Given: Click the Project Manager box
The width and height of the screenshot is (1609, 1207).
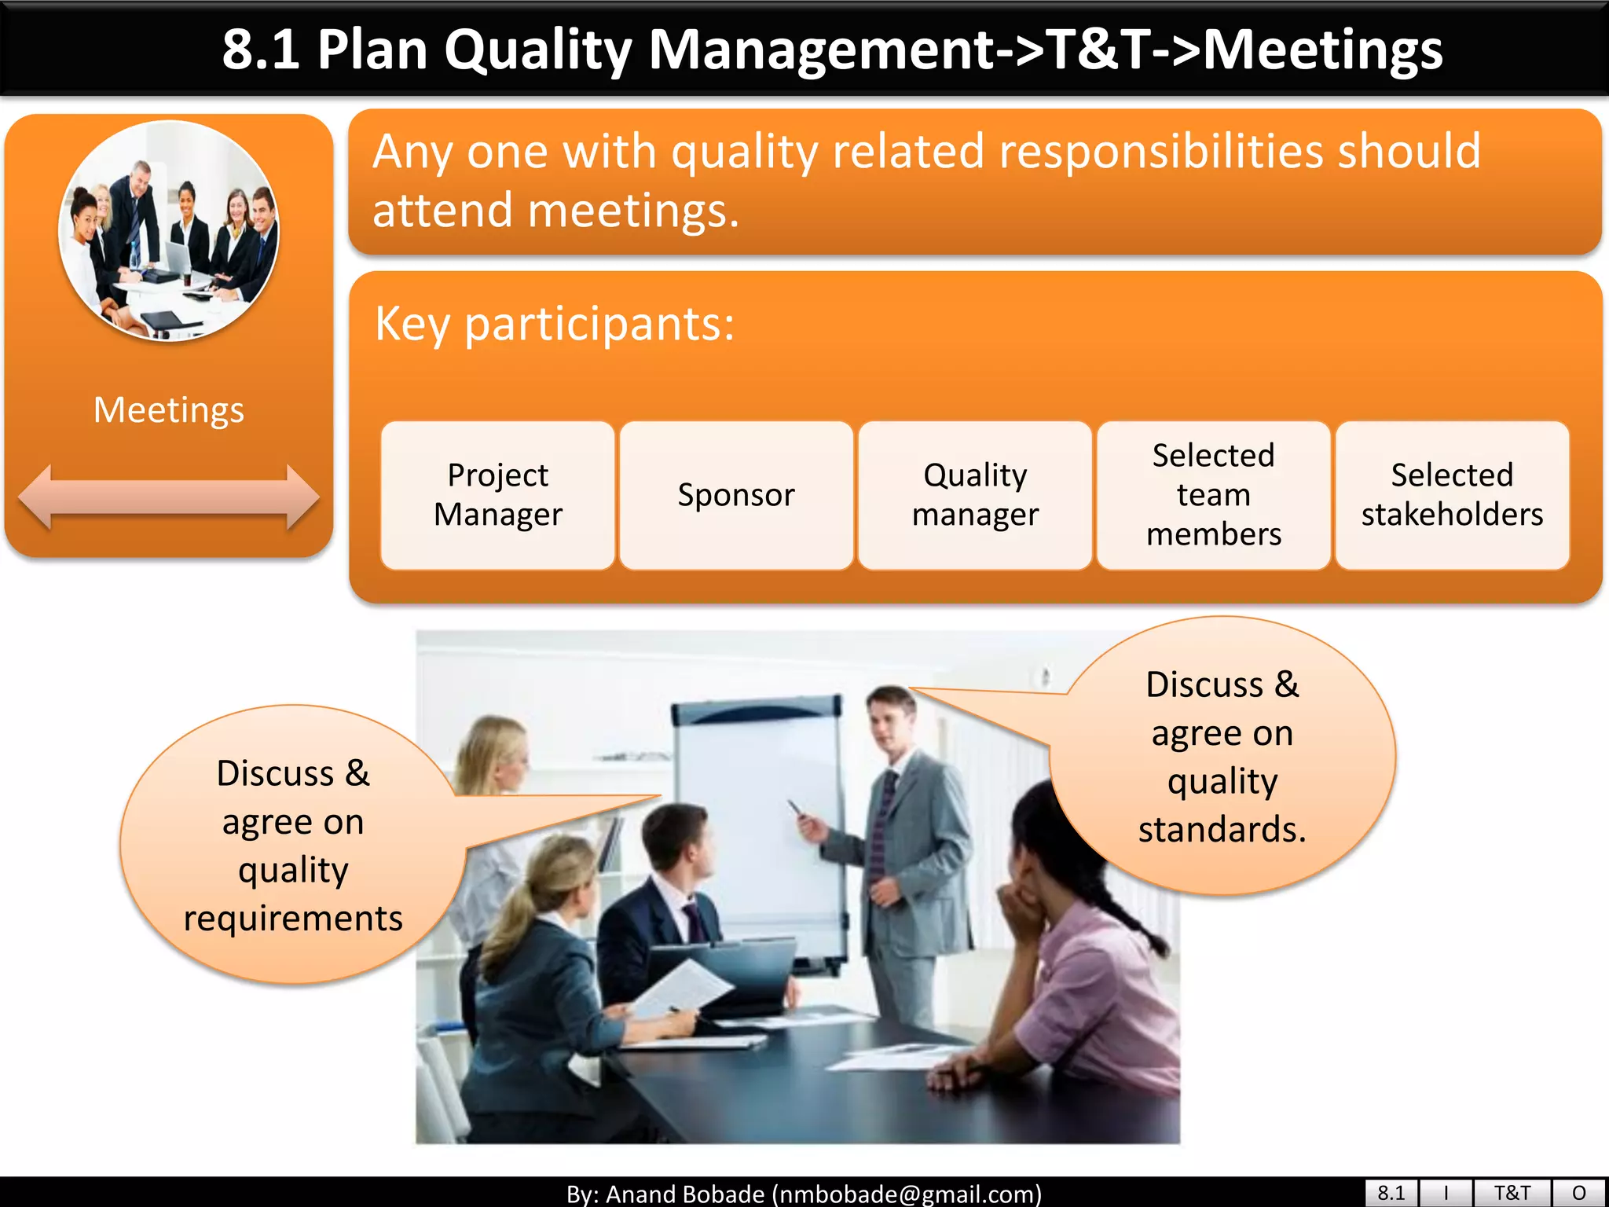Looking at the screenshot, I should click(497, 495).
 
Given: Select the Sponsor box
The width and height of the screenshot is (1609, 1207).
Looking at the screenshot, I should click(736, 495).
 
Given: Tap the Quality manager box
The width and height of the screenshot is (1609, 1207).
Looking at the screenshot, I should click(975, 495).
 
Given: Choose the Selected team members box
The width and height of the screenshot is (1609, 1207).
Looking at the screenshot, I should click(1214, 495).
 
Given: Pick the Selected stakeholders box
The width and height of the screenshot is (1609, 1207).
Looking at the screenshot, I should click(1452, 495).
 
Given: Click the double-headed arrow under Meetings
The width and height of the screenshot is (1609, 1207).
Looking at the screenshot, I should click(168, 497).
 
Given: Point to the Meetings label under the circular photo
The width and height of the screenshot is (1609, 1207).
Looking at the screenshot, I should click(168, 409).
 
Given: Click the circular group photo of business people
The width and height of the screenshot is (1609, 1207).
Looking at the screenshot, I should click(168, 230).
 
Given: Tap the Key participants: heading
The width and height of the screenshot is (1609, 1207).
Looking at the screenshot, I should click(555, 324).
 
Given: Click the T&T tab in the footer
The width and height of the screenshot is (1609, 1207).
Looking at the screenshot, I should click(1512, 1193).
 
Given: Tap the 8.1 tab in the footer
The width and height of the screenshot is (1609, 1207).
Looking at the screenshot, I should click(1391, 1193).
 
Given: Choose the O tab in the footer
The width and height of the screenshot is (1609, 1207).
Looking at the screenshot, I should click(1579, 1193).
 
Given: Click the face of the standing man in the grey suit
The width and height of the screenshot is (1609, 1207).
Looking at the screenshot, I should click(889, 723).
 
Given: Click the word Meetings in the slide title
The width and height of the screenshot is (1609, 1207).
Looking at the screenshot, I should click(1323, 49).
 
